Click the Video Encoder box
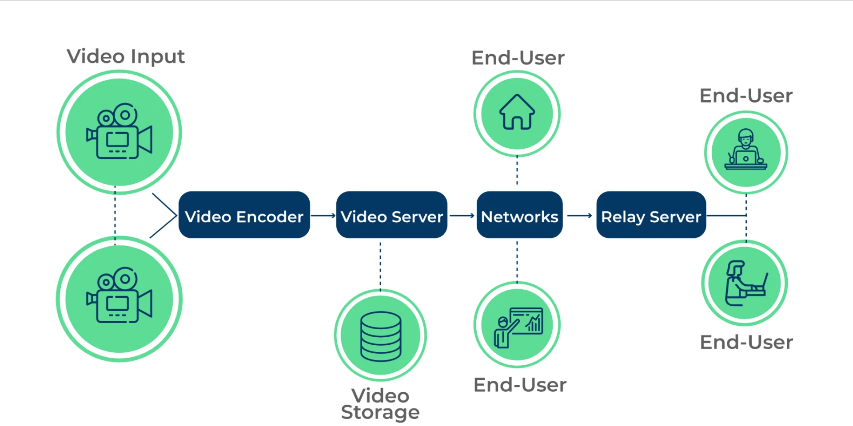pyautogui.click(x=244, y=215)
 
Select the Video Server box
pyautogui.click(x=391, y=215)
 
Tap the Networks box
pyautogui.click(x=519, y=215)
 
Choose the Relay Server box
pyautogui.click(x=651, y=215)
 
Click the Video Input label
pyautogui.click(x=126, y=57)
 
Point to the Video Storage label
pyautogui.click(x=380, y=404)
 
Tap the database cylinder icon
pyautogui.click(x=381, y=336)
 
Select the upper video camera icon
pyautogui.click(x=119, y=132)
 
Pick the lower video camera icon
pyautogui.click(x=119, y=296)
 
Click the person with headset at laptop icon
pyautogui.click(x=745, y=150)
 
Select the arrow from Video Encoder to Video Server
pyautogui.click(x=323, y=216)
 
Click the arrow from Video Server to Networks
pyautogui.click(x=462, y=216)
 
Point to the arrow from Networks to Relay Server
pyautogui.click(x=579, y=216)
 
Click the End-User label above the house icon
pyautogui.click(x=518, y=58)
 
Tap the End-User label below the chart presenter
pyautogui.click(x=520, y=385)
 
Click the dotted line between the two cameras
pyautogui.click(x=115, y=215)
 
